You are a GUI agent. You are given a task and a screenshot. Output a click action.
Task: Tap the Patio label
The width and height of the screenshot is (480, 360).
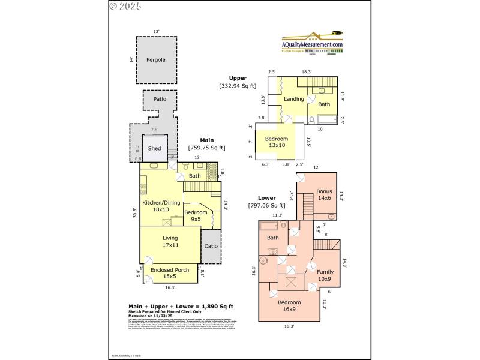(160, 98)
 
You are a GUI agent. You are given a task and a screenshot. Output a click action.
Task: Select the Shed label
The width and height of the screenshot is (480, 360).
(154, 148)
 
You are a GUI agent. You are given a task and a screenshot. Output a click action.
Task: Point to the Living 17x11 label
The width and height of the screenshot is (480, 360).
(170, 242)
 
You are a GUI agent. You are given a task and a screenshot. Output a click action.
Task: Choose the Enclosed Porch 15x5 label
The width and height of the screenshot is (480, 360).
(170, 274)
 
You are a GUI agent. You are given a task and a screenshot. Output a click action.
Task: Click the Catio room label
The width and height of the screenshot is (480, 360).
(211, 246)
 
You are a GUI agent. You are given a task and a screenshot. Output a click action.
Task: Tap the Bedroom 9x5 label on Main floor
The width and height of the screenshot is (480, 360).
(196, 216)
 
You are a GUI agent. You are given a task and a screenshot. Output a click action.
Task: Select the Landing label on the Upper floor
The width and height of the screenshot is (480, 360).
(293, 99)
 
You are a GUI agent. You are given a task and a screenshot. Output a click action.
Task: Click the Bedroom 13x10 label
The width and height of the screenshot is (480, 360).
(277, 142)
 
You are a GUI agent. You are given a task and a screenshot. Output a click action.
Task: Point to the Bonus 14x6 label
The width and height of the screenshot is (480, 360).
(324, 195)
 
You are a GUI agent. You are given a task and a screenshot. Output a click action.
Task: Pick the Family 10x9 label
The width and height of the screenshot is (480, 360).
(325, 275)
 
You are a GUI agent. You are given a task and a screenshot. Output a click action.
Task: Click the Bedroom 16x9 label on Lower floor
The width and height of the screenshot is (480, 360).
(289, 306)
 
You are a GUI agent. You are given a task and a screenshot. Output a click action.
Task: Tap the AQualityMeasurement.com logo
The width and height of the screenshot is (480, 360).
(312, 43)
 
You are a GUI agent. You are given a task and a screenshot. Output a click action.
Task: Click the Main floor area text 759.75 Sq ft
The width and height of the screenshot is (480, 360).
(206, 148)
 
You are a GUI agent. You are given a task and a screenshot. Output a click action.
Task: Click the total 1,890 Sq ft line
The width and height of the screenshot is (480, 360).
(181, 307)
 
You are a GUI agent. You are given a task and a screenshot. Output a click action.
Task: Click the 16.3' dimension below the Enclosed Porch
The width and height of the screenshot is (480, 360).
(170, 287)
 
